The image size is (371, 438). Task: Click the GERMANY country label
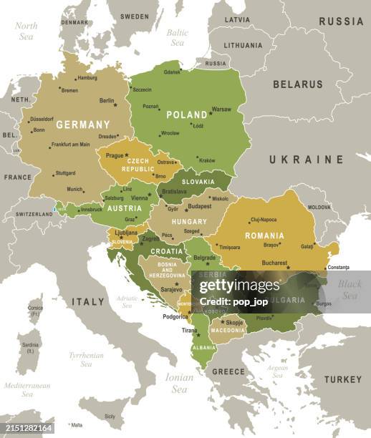click(x=83, y=125)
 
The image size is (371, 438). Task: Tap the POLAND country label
click(x=187, y=115)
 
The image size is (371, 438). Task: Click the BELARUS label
click(x=297, y=84)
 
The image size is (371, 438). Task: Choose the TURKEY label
click(x=342, y=379)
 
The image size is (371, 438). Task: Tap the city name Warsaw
click(x=221, y=109)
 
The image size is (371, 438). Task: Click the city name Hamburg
click(x=87, y=78)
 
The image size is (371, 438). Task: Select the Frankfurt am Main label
click(x=70, y=145)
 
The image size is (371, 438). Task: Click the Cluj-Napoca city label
click(x=264, y=220)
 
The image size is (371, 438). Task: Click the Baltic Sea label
click(x=177, y=36)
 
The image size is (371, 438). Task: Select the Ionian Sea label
click(x=179, y=384)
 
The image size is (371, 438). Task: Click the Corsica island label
click(x=35, y=311)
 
